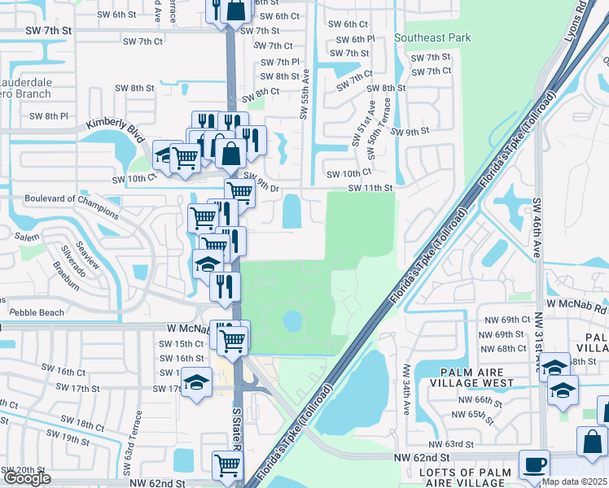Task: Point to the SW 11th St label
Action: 370,188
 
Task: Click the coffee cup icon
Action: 535,465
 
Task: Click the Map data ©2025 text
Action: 574,481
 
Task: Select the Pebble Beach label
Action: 36,312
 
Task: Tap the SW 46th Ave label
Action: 537,228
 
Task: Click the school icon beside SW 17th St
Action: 196,386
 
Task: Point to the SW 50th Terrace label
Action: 374,123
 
